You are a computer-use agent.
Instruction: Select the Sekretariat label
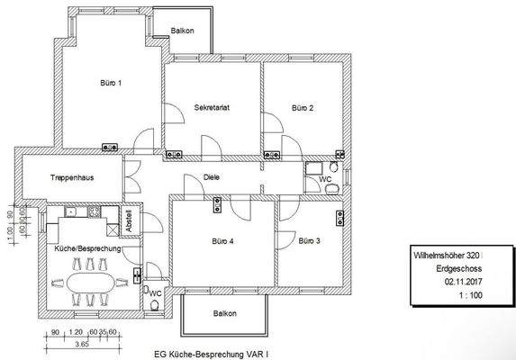[x=213, y=107]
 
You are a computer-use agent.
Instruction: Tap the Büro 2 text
[x=303, y=107]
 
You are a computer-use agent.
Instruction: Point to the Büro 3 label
[x=310, y=240]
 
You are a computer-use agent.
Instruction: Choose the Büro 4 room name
[x=223, y=241]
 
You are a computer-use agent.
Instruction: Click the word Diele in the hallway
[x=213, y=177]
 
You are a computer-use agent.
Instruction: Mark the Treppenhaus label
[x=73, y=178]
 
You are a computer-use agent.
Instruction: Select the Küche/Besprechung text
[x=81, y=247]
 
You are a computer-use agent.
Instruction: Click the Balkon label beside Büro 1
[x=183, y=31]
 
